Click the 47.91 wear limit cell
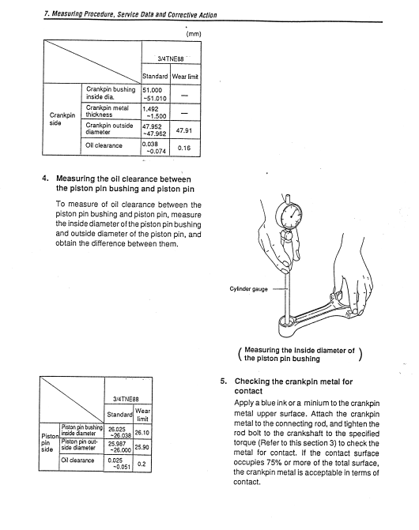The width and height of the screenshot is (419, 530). pyautogui.click(x=184, y=130)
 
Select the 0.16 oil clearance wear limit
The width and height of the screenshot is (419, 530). pyautogui.click(x=184, y=148)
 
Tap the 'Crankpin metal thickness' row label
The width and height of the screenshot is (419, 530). pyautogui.click(x=107, y=111)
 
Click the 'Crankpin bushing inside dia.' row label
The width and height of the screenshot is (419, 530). pyautogui.click(x=111, y=93)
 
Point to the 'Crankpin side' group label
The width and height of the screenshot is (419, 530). pyautogui.click(x=62, y=118)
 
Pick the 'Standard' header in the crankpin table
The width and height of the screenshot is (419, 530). pyautogui.click(x=155, y=77)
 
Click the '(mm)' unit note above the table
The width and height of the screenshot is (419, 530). pyautogui.click(x=194, y=34)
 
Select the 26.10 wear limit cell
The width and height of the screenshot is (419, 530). pyautogui.click(x=142, y=432)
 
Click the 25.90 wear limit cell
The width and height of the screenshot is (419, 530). pyautogui.click(x=142, y=447)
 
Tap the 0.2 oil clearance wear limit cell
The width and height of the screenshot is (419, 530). pyautogui.click(x=142, y=464)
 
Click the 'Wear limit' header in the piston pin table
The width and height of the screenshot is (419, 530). pyautogui.click(x=142, y=415)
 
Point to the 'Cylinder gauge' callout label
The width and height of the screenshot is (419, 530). pyautogui.click(x=248, y=289)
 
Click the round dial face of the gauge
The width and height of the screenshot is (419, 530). pyautogui.click(x=289, y=216)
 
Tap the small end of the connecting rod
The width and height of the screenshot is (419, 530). pyautogui.click(x=289, y=326)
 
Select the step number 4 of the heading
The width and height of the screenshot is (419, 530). pyautogui.click(x=45, y=179)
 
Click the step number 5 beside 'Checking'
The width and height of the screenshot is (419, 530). pyautogui.click(x=223, y=382)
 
